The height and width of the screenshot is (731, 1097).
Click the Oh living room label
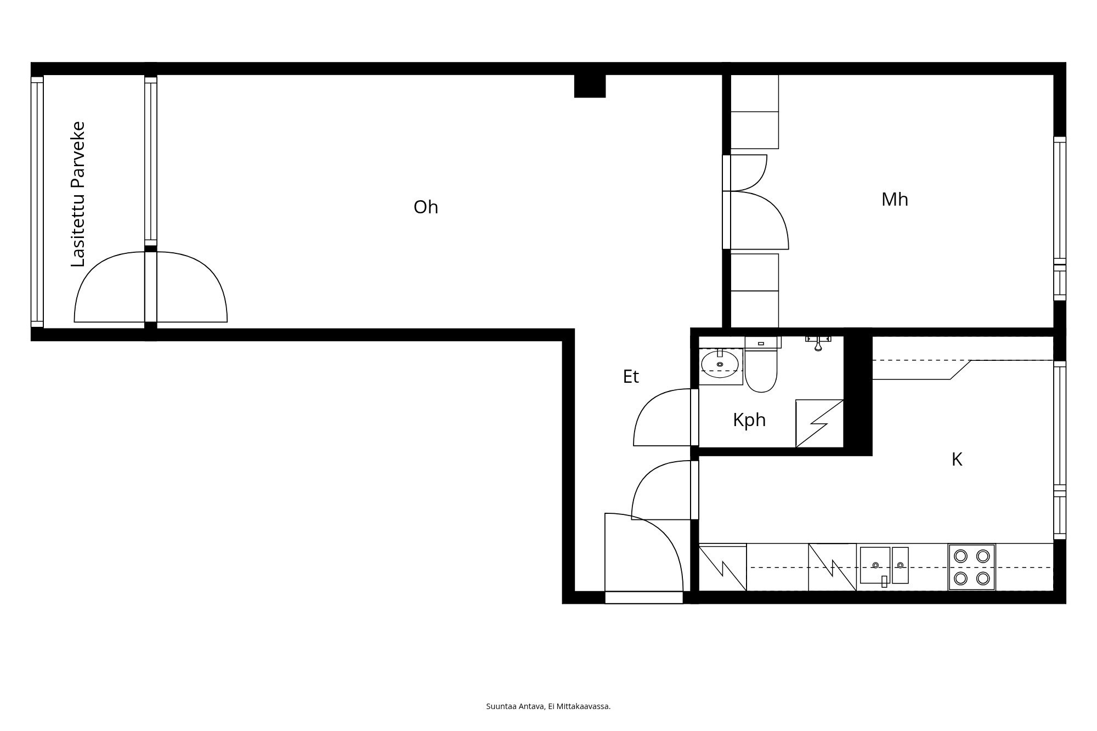(x=426, y=207)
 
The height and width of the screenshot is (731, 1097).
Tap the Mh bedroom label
(x=895, y=200)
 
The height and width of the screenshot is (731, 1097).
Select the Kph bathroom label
(x=749, y=421)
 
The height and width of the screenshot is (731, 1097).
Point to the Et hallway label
(x=631, y=377)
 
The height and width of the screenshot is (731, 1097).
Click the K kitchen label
(x=957, y=460)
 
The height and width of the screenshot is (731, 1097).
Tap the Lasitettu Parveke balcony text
(x=79, y=194)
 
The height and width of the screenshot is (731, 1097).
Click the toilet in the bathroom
(x=761, y=369)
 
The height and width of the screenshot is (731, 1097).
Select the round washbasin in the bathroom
(x=720, y=364)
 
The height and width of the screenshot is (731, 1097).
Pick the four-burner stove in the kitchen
(x=971, y=567)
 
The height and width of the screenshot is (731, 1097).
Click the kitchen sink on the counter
(x=884, y=565)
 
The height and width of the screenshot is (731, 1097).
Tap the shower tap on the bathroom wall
(x=818, y=343)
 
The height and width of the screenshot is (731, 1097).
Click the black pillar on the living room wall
(x=590, y=86)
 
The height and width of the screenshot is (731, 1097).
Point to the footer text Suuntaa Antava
(x=548, y=706)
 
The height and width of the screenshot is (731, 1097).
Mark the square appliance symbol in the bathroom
(x=819, y=423)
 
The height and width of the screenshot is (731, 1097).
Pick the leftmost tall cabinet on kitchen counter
(x=723, y=567)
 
